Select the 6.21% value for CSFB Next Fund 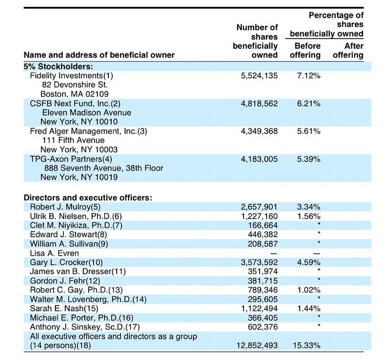click(x=309, y=104)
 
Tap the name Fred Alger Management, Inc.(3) click(x=89, y=131)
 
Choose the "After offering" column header click(x=348, y=50)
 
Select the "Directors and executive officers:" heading click(x=88, y=197)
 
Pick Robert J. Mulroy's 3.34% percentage click(x=309, y=207)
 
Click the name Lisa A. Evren click(x=55, y=253)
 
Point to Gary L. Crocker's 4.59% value click(x=309, y=263)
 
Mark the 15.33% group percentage click(x=307, y=346)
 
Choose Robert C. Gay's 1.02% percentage click(x=309, y=290)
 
